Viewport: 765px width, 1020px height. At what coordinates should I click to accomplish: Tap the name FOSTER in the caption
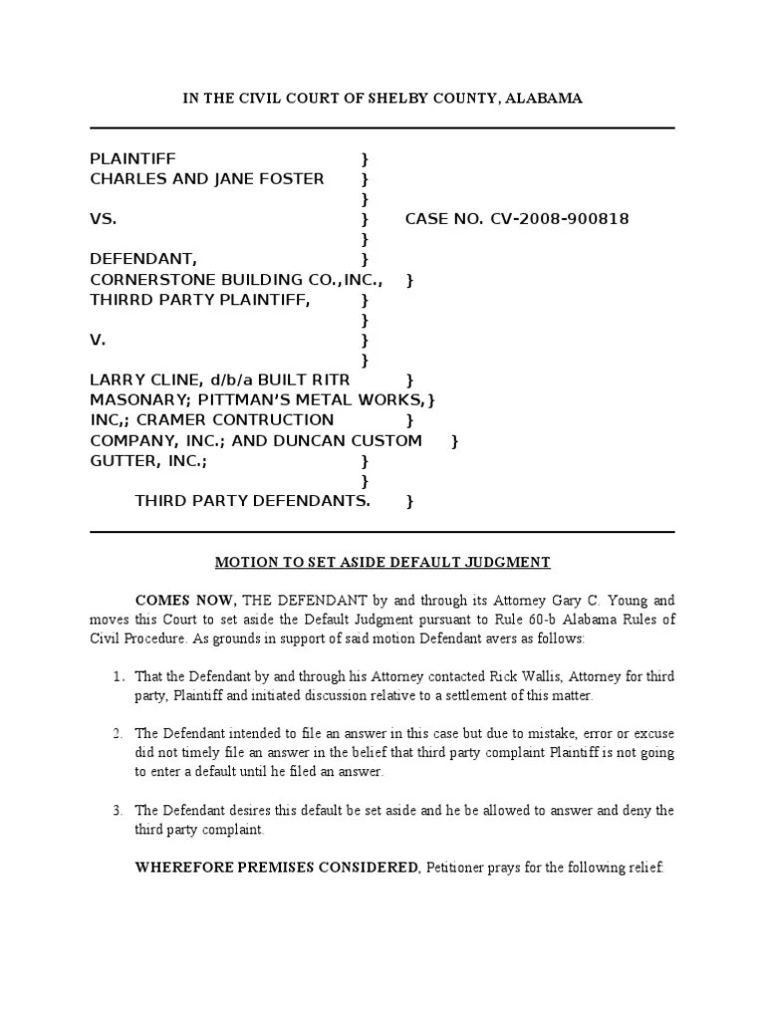click(x=292, y=179)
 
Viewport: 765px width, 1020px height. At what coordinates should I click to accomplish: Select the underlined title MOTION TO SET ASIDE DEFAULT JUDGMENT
click(x=383, y=563)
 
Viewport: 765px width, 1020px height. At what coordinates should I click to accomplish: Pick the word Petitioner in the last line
click(x=460, y=868)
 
